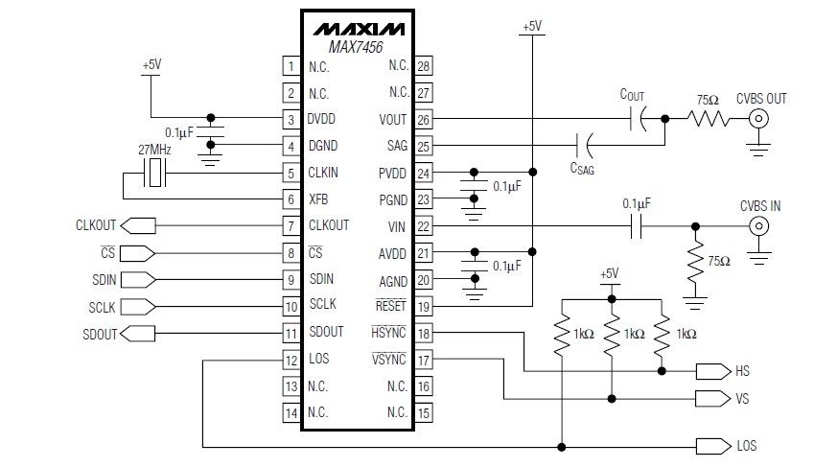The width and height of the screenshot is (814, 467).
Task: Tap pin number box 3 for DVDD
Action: pos(290,120)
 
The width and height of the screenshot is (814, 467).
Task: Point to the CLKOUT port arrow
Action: pos(138,225)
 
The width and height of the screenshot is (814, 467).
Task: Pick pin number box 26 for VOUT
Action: pos(423,120)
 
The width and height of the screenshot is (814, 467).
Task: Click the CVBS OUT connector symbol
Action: pos(760,120)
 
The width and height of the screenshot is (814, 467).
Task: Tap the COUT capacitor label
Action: pos(632,95)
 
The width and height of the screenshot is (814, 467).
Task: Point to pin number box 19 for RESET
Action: pos(423,306)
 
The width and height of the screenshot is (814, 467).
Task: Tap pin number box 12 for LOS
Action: pos(290,361)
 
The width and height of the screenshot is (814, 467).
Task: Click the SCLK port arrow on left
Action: pos(138,307)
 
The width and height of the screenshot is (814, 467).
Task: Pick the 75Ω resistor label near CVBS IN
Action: pos(719,261)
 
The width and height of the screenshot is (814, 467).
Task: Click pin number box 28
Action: pos(423,66)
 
